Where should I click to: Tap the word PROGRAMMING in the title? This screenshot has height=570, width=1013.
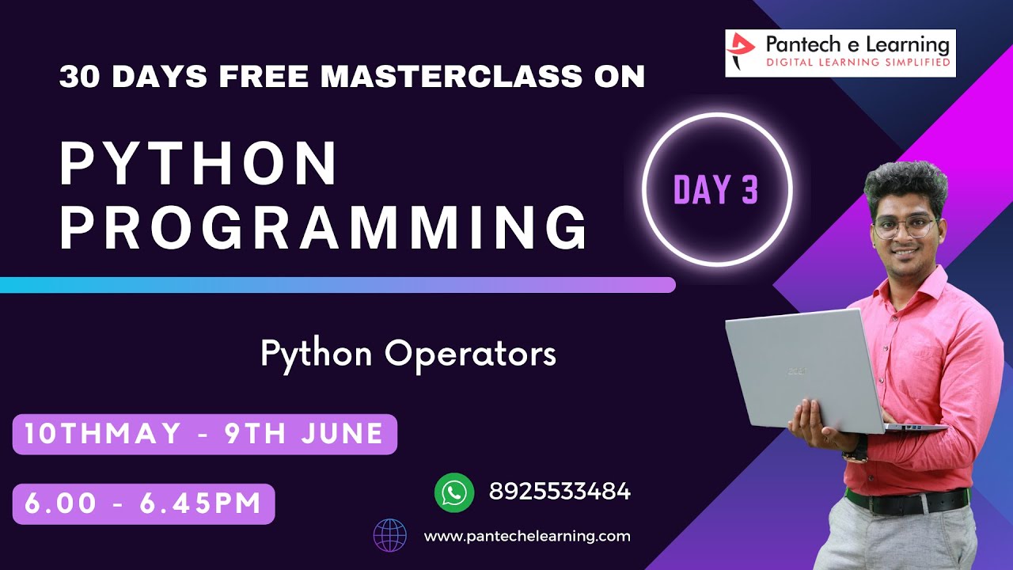pos(324,227)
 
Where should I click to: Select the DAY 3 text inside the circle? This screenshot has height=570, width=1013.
pos(716,190)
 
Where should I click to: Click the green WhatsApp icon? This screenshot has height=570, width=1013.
pos(454,492)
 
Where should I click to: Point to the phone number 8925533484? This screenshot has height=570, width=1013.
pos(560,492)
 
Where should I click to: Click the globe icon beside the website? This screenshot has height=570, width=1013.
pos(390,535)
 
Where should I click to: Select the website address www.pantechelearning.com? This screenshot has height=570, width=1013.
pos(527,536)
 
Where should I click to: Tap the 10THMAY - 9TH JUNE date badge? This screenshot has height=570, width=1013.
pos(204,434)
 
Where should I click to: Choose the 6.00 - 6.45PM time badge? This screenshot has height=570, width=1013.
pos(143,503)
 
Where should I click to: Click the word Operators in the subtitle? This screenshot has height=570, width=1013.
pos(470,354)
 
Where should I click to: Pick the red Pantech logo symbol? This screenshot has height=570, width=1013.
pos(742,52)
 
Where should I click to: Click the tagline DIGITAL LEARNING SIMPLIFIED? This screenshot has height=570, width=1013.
pos(856,62)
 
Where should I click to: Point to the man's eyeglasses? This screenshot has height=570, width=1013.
pos(905,228)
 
